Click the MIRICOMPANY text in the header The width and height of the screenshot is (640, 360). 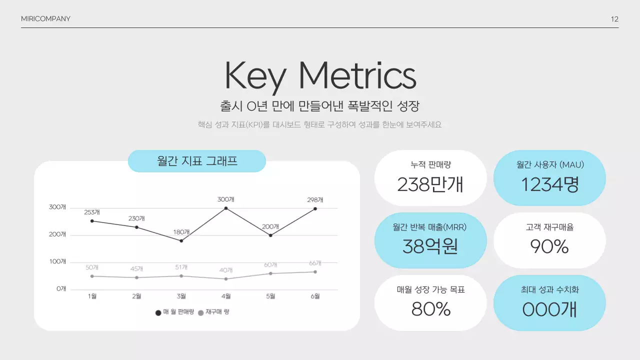click(45, 19)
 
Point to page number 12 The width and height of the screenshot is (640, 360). click(614, 19)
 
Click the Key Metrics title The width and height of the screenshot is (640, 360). click(320, 76)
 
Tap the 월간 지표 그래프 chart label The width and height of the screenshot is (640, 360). click(197, 161)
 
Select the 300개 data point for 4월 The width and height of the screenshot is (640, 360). click(226, 208)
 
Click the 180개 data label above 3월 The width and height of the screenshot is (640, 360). click(181, 232)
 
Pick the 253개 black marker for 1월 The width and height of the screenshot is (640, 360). click(92, 221)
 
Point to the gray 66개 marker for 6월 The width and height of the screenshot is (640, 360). click(315, 272)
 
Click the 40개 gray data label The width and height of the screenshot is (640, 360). click(226, 270)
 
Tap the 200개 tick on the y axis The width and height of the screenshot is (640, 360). click(58, 234)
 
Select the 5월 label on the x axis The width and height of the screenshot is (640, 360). click(270, 296)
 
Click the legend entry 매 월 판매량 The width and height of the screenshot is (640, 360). click(174, 312)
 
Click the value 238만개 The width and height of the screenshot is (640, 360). click(430, 184)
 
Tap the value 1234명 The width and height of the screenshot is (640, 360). click(549, 184)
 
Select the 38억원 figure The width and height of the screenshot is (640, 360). click(430, 246)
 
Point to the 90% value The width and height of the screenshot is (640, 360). click(549, 246)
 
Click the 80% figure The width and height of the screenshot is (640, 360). click(430, 309)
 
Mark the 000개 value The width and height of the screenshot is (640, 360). click(549, 309)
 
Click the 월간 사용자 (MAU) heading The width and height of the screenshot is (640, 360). click(550, 164)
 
